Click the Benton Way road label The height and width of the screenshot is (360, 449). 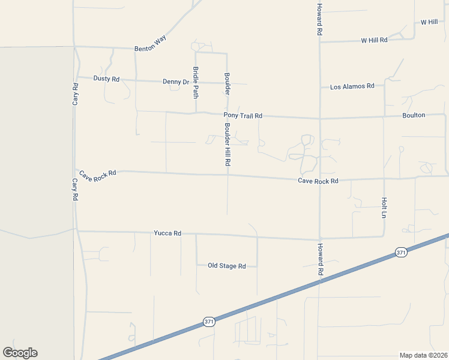click(150, 42)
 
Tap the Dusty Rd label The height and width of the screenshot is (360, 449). click(107, 79)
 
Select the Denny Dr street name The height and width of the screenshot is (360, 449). click(176, 82)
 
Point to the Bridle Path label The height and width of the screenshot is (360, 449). click(196, 82)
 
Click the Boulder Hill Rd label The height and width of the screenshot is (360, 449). click(228, 145)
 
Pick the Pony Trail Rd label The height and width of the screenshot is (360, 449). click(243, 115)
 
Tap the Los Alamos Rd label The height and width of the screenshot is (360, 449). click(352, 86)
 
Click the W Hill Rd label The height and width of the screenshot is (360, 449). click(374, 40)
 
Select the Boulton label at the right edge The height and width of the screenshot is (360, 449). click(414, 115)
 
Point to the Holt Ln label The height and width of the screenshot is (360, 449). click(384, 207)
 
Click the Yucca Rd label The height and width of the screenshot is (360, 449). click(167, 233)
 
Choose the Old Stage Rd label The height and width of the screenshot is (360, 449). click(227, 265)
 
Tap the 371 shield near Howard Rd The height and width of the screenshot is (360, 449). click(401, 253)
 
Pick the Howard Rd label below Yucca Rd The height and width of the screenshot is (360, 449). click(321, 259)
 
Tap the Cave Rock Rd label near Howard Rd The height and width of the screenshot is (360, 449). click(318, 181)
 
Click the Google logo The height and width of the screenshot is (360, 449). click(20, 352)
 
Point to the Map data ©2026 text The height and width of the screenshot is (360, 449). click(423, 355)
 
